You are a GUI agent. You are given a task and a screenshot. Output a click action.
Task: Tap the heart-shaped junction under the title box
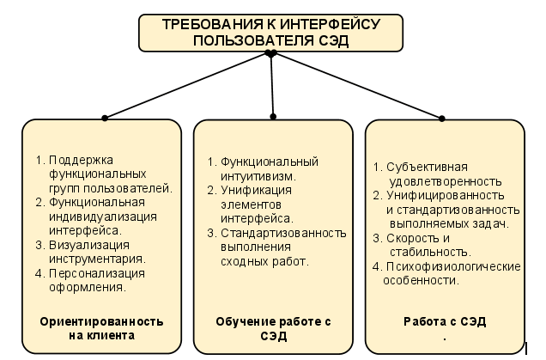coord(270,54)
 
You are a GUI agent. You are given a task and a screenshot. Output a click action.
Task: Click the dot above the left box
coord(105,117)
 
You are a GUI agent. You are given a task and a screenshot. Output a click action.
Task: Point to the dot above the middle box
coord(273,115)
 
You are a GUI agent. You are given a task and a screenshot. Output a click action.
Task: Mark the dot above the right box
coord(442,117)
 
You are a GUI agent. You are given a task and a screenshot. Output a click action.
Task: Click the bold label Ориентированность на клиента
coord(102,328)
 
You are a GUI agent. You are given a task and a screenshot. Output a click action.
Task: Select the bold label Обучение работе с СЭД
coord(273,328)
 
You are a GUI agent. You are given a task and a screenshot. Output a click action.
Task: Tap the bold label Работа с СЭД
coord(445,321)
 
